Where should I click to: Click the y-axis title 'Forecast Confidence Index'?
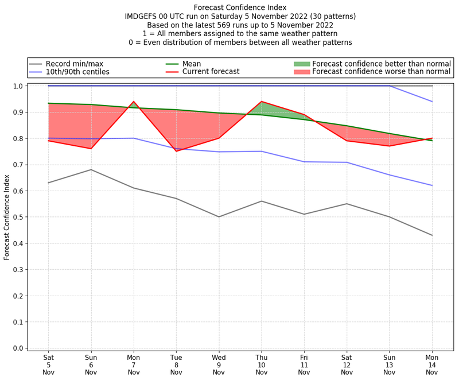[x=7, y=217]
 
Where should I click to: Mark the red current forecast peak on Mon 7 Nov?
[x=134, y=102]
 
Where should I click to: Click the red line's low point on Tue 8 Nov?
[x=176, y=151]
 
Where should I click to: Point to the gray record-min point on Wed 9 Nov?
[x=219, y=217]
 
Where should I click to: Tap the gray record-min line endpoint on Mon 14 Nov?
[x=432, y=235]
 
